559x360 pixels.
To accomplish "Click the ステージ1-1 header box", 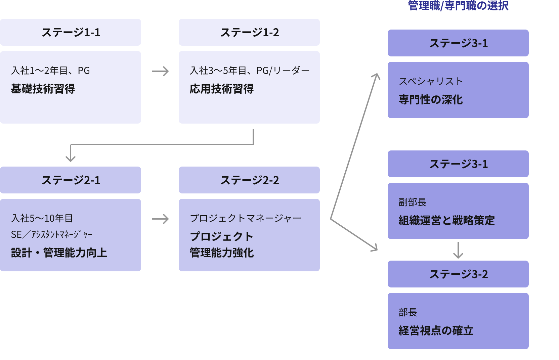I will tap(71, 32).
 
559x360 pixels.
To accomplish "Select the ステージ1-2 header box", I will tap(249, 32).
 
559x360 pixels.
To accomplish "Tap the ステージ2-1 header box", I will tap(71, 180).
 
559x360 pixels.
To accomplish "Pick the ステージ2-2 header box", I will tap(249, 180).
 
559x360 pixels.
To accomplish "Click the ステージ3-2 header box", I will tap(458, 274).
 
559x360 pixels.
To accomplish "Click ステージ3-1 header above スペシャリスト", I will tap(458, 43).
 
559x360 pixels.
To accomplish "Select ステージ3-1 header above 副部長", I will tap(458, 164).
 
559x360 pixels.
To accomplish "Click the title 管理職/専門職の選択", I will tap(458, 5).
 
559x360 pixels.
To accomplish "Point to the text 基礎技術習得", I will tap(43, 89).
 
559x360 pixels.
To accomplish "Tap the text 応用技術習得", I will tap(222, 89).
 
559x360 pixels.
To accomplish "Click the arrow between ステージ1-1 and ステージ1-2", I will tap(160, 71).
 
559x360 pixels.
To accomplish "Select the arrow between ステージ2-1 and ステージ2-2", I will tap(160, 219).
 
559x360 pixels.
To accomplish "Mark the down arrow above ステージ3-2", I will tap(458, 251).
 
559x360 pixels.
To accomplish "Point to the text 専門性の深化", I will tap(431, 99).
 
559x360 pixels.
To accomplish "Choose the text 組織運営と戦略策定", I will tap(446, 220).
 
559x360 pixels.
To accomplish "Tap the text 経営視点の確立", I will tap(436, 330).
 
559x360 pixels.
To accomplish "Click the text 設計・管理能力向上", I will tap(59, 253).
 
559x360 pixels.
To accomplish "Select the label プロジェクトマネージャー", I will tap(246, 218).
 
